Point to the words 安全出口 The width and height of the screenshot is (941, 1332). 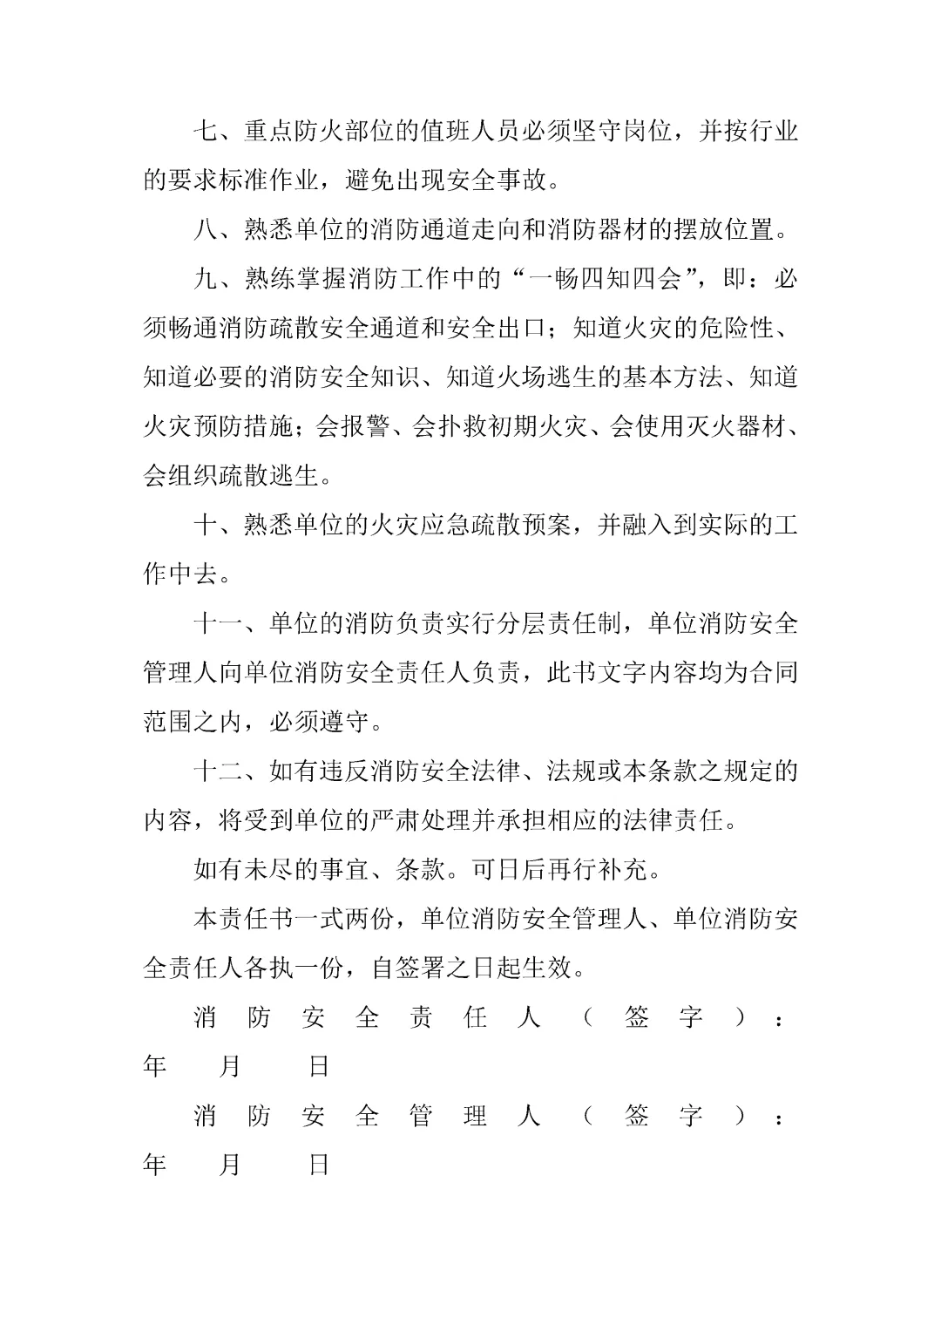(495, 329)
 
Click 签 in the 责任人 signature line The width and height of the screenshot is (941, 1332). (637, 1017)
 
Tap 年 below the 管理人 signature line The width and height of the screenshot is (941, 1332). (155, 1165)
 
